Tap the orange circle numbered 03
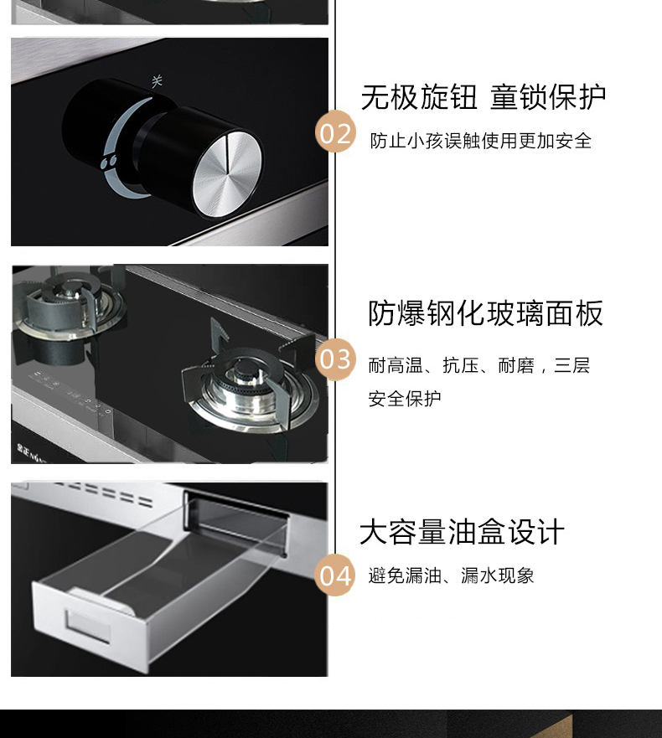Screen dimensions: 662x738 click(334, 359)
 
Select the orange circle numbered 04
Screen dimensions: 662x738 click(334, 575)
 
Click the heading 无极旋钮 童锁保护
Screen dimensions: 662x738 click(483, 97)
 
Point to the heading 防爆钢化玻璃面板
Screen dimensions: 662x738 click(485, 313)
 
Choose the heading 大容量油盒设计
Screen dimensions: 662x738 click(462, 532)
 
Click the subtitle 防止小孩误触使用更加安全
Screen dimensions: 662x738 click(480, 141)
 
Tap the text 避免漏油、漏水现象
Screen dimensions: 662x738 click(451, 575)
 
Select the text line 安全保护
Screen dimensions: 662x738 click(405, 399)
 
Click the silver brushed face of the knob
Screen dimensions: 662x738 click(227, 174)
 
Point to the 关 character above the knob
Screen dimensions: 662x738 click(157, 81)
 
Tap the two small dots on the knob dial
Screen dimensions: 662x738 click(109, 163)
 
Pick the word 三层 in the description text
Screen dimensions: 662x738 click(572, 365)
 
